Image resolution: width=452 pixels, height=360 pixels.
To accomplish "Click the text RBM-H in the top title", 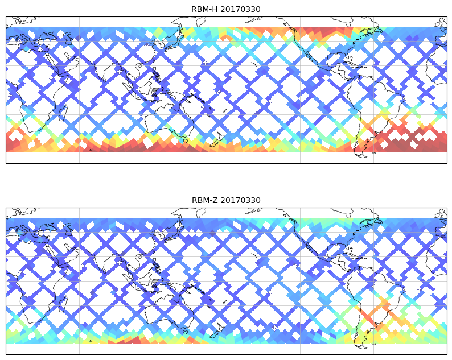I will point(204,9).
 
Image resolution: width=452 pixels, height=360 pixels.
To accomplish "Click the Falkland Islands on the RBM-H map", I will point(373,153).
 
